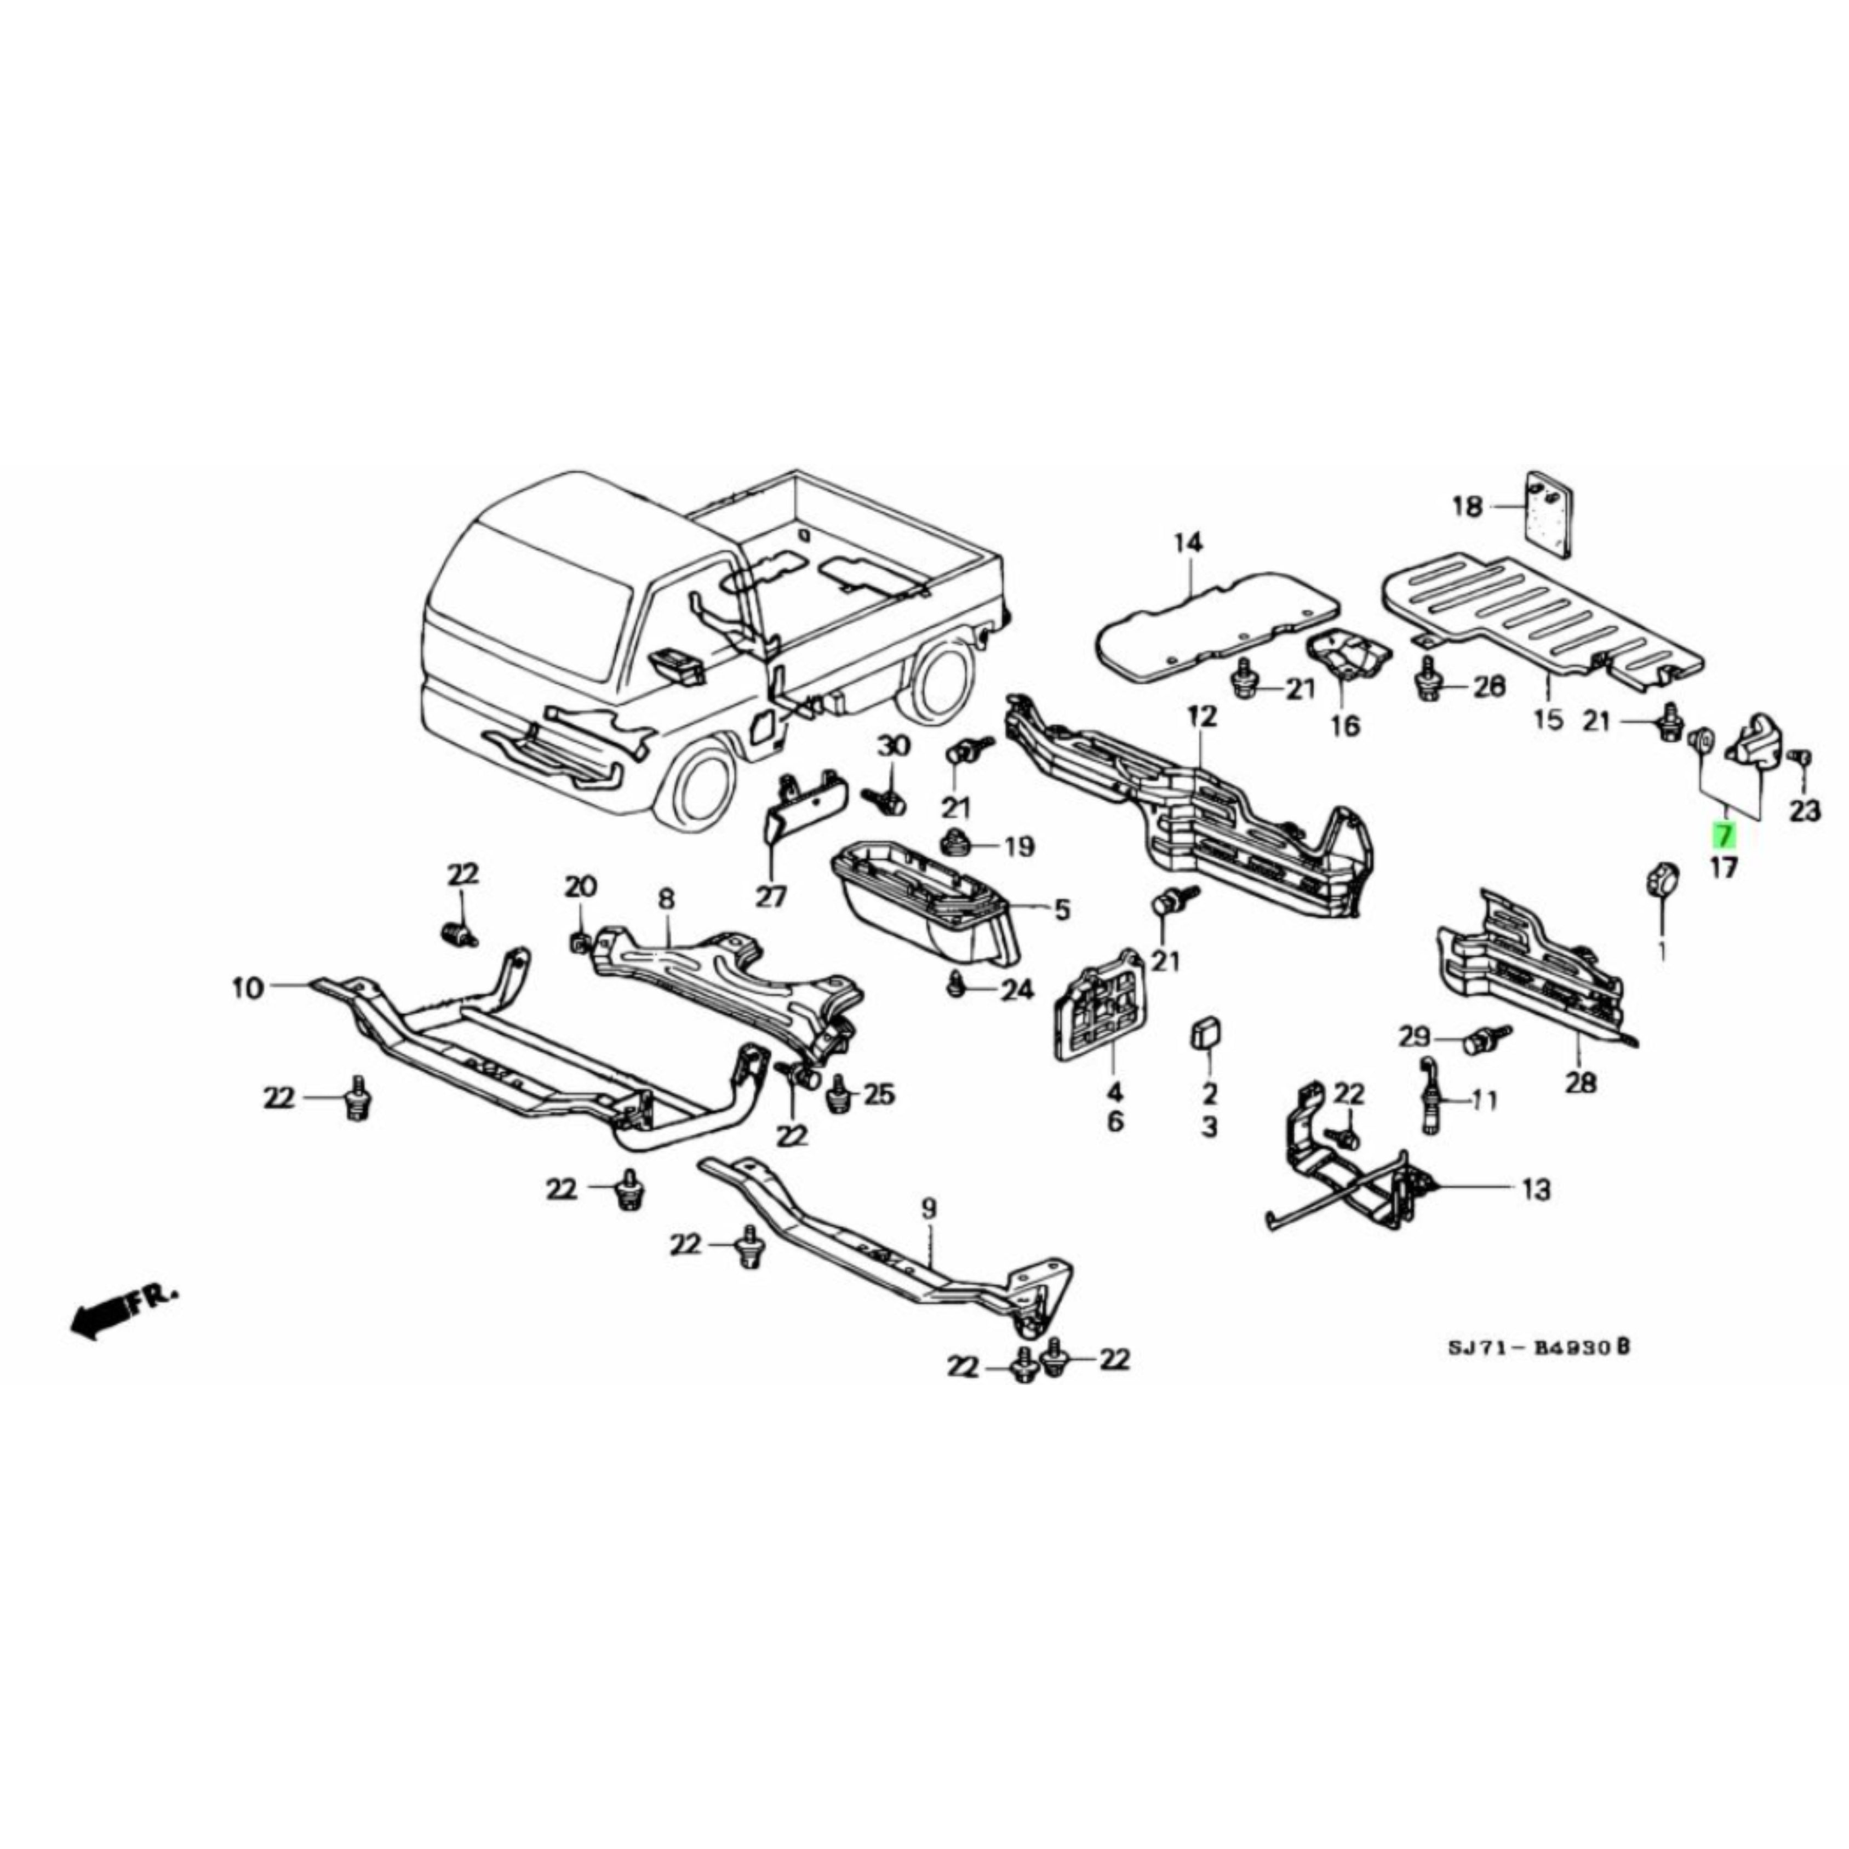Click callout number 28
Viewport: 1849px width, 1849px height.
tap(1581, 1083)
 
